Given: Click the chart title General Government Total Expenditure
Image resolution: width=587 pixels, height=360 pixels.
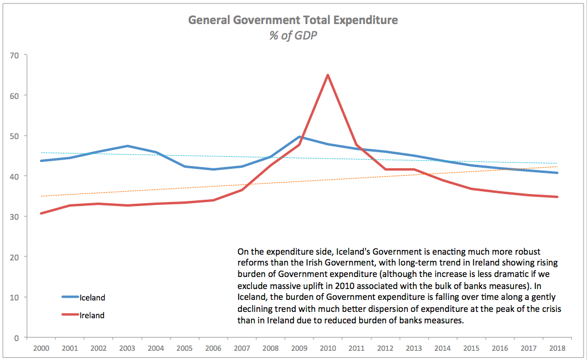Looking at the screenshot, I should pyautogui.click(x=293, y=21).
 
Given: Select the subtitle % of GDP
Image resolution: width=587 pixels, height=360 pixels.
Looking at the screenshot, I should pyautogui.click(x=293, y=35).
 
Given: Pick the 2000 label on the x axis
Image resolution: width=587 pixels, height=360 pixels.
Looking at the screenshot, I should pyautogui.click(x=40, y=348).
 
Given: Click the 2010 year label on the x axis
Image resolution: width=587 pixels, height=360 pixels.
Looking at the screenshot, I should pyautogui.click(x=327, y=348).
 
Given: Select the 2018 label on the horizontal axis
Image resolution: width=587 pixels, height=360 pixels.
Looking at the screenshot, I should pyautogui.click(x=557, y=348).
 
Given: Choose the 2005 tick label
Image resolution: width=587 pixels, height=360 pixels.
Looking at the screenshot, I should pyautogui.click(x=184, y=348).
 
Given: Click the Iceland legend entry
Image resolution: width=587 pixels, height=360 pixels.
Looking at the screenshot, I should pyautogui.click(x=92, y=298).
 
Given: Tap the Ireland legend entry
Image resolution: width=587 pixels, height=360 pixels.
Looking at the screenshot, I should pyautogui.click(x=92, y=315).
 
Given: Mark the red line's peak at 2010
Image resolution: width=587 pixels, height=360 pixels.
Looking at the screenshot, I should pyautogui.click(x=327, y=75).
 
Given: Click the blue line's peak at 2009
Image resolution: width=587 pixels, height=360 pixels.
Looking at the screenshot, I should pyautogui.click(x=299, y=137).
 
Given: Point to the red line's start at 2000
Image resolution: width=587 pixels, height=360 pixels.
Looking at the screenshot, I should pyautogui.click(x=40, y=213).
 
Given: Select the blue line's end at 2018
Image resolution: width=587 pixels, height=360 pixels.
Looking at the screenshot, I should pyautogui.click(x=557, y=173).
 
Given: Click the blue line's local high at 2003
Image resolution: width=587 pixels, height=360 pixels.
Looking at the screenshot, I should pyautogui.click(x=126, y=146).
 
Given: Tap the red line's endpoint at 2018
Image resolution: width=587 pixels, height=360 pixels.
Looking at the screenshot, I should pyautogui.click(x=557, y=197).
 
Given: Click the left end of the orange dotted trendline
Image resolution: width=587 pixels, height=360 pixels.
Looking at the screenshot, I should pyautogui.click(x=40, y=196).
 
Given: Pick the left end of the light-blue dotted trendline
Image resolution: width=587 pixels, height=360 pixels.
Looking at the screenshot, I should pyautogui.click(x=40, y=153).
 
